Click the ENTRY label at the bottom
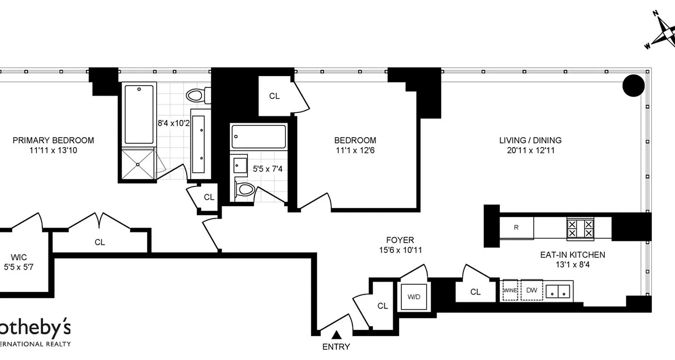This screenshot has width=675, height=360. tap(336, 346)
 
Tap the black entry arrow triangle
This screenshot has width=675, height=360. tap(336, 334)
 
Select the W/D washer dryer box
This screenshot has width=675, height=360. tap(414, 297)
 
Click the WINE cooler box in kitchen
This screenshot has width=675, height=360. tap(510, 290)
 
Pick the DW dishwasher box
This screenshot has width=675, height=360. tap(531, 290)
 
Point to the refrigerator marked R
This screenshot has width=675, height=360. tap(516, 228)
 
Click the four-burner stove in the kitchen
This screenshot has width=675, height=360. tap(580, 228)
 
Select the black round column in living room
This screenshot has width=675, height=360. tap(634, 85)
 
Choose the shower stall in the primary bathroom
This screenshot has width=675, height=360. tap(138, 164)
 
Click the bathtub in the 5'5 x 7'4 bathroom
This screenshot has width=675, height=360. tap(258, 136)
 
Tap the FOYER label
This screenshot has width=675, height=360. tap(400, 240)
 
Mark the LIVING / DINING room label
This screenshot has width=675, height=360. tap(530, 140)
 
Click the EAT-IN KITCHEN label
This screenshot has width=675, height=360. tap(572, 255)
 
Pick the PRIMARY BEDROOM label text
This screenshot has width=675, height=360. tap(53, 140)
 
